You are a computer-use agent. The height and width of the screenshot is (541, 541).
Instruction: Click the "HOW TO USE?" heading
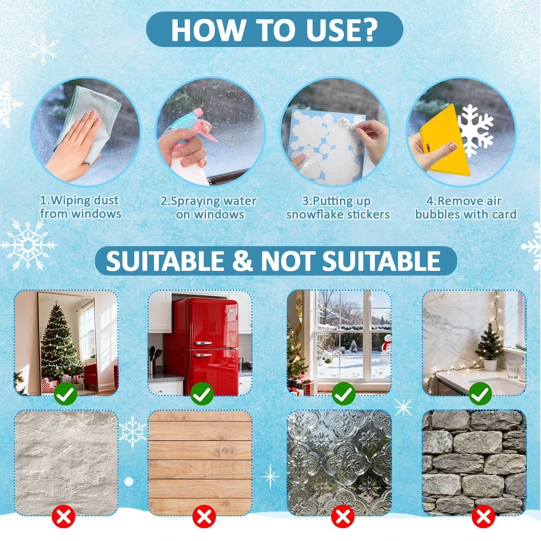[274, 30]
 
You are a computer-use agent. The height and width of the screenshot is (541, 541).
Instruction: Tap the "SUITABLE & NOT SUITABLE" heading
[273, 261]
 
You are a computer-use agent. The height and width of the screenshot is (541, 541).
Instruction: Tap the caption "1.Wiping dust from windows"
[80, 207]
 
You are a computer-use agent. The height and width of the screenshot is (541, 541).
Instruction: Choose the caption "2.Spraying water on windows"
[209, 208]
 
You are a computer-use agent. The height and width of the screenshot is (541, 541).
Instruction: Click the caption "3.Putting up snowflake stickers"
[337, 208]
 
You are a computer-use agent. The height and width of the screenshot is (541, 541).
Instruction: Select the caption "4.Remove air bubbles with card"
[466, 208]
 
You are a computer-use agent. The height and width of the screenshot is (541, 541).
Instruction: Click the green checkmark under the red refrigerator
[202, 394]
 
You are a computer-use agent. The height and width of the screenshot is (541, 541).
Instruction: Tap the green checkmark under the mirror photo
[65, 394]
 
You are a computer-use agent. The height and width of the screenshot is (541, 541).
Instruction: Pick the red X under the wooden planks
[204, 516]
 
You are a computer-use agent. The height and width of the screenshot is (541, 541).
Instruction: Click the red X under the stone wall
[483, 516]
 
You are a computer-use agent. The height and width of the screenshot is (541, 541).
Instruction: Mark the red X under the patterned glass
[343, 516]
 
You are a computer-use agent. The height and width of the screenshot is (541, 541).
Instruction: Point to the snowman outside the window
[385, 348]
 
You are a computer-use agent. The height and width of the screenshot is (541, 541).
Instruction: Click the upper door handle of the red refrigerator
[203, 343]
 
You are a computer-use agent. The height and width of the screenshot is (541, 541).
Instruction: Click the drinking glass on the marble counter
[513, 369]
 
